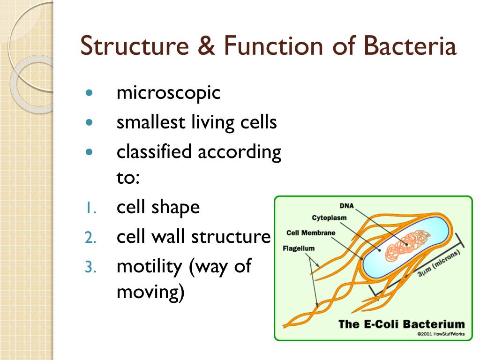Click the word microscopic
[168, 93]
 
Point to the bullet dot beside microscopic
[90, 92]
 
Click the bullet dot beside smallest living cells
[90, 122]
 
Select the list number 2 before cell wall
[90, 238]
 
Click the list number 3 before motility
[90, 267]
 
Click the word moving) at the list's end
[150, 292]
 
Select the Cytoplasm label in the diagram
[329, 217]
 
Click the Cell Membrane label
[311, 233]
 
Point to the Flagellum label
[299, 248]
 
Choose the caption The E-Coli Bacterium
[401, 324]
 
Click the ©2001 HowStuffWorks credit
[440, 334]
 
